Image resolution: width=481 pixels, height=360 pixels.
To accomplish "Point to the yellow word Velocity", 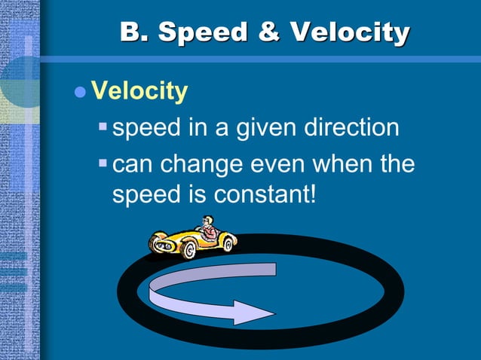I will (x=139, y=92).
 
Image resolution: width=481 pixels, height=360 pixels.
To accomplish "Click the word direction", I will (x=351, y=128).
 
